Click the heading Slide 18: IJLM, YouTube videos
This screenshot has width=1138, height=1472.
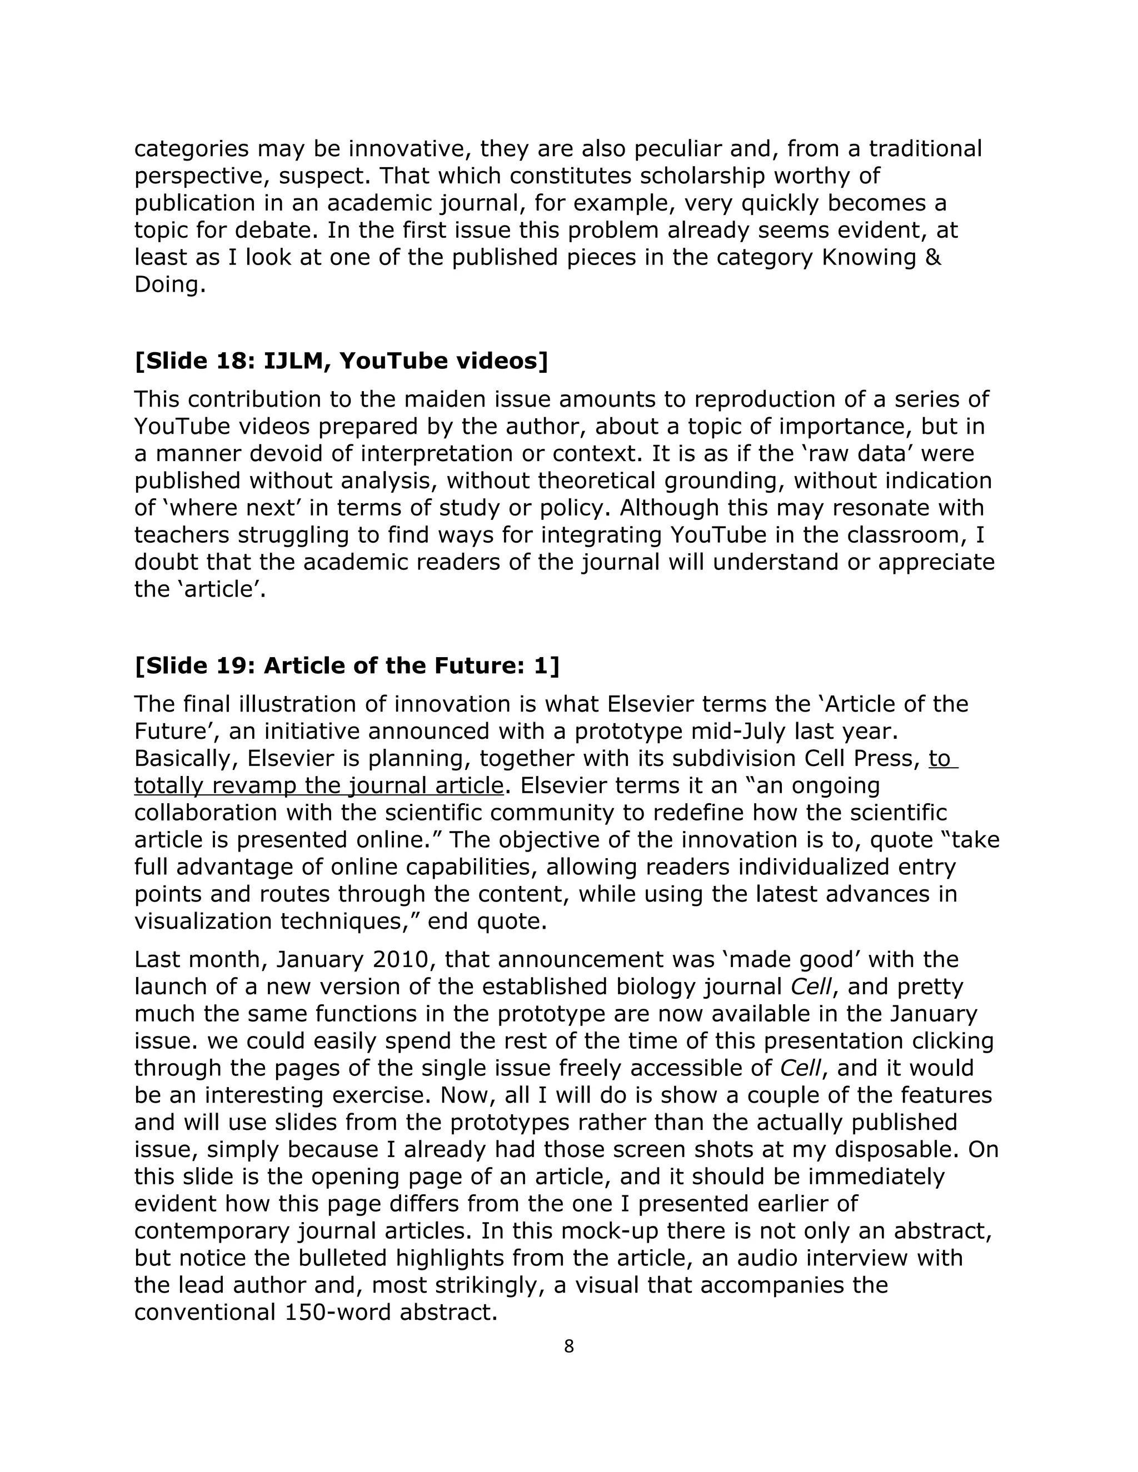pos(341,361)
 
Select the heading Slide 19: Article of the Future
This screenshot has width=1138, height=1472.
pos(347,666)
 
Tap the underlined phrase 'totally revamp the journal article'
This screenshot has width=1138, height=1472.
pos(318,786)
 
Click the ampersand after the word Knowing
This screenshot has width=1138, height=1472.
pos(933,258)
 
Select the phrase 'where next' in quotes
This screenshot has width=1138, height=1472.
pos(221,508)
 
